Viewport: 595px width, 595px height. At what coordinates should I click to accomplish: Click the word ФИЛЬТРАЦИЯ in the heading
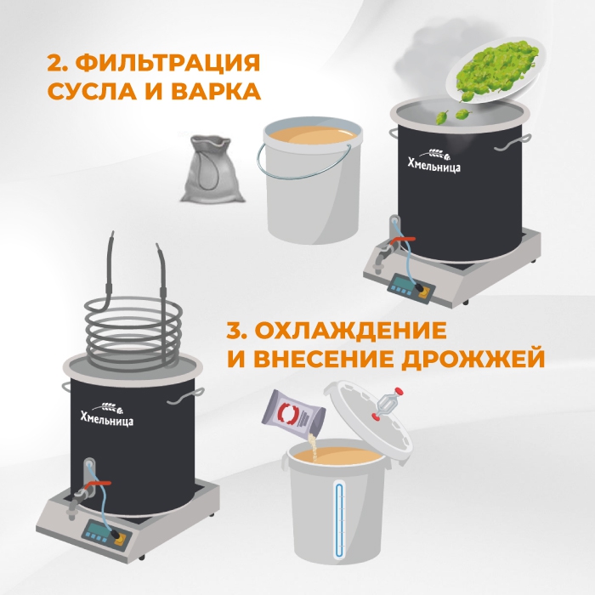167,63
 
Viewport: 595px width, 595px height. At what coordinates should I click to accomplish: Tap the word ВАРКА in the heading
216,92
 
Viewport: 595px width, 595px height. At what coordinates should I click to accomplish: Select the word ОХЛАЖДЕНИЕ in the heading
350,331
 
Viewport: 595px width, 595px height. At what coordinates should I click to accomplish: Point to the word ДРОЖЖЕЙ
473,359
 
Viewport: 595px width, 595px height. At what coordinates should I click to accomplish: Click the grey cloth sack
212,169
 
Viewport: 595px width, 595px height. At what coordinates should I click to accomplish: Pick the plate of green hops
495,71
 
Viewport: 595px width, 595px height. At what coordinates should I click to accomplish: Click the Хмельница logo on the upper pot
434,161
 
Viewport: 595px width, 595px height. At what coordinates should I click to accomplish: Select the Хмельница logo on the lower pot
107,415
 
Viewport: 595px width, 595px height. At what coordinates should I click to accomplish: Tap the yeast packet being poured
294,414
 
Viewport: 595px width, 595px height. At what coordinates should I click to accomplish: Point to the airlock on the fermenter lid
387,404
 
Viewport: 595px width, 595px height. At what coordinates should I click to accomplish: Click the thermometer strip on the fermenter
340,520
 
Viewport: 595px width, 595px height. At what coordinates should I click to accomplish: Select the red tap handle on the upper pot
403,241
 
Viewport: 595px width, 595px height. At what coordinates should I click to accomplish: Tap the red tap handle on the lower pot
98,484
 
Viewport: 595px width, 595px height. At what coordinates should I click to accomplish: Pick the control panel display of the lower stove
97,530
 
